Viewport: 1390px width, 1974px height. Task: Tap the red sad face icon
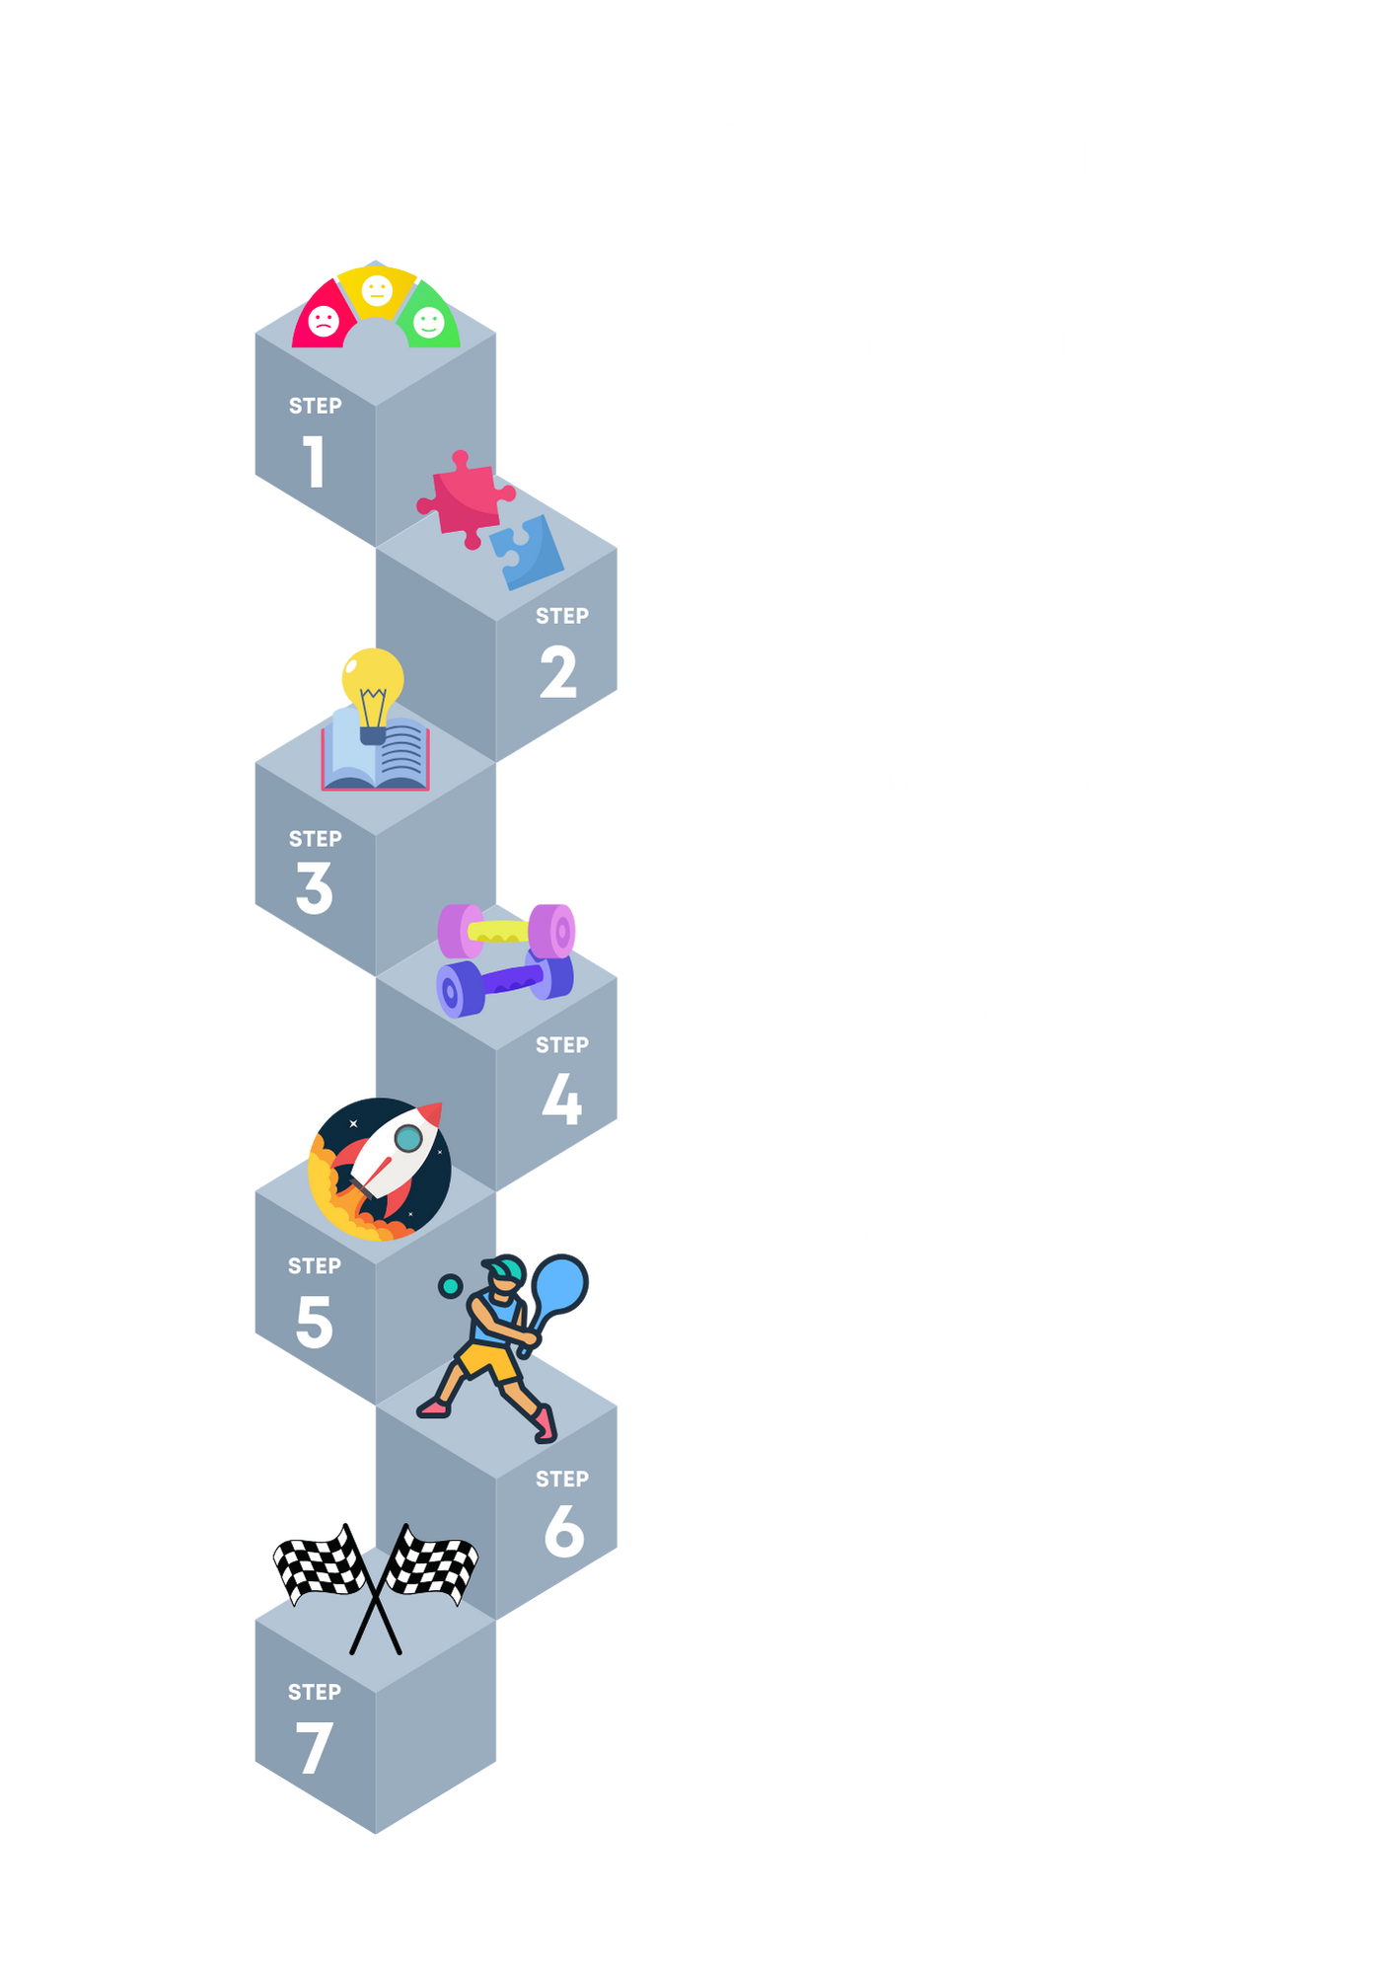(x=323, y=320)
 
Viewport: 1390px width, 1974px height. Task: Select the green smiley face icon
(x=429, y=321)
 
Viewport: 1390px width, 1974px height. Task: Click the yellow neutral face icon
(x=377, y=290)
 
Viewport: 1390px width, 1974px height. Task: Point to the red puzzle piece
(x=463, y=499)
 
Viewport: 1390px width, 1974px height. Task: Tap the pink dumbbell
(x=508, y=930)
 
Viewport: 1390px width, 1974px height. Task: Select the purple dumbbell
(x=504, y=982)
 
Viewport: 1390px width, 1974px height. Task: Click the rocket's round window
(x=408, y=1139)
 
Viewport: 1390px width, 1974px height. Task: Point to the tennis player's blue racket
(x=559, y=1284)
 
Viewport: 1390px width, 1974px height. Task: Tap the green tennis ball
(x=451, y=1286)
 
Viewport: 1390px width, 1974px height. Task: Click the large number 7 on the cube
(x=314, y=1747)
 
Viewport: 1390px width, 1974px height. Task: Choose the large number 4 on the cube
(x=562, y=1099)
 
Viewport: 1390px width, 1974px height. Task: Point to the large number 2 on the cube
(x=558, y=672)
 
